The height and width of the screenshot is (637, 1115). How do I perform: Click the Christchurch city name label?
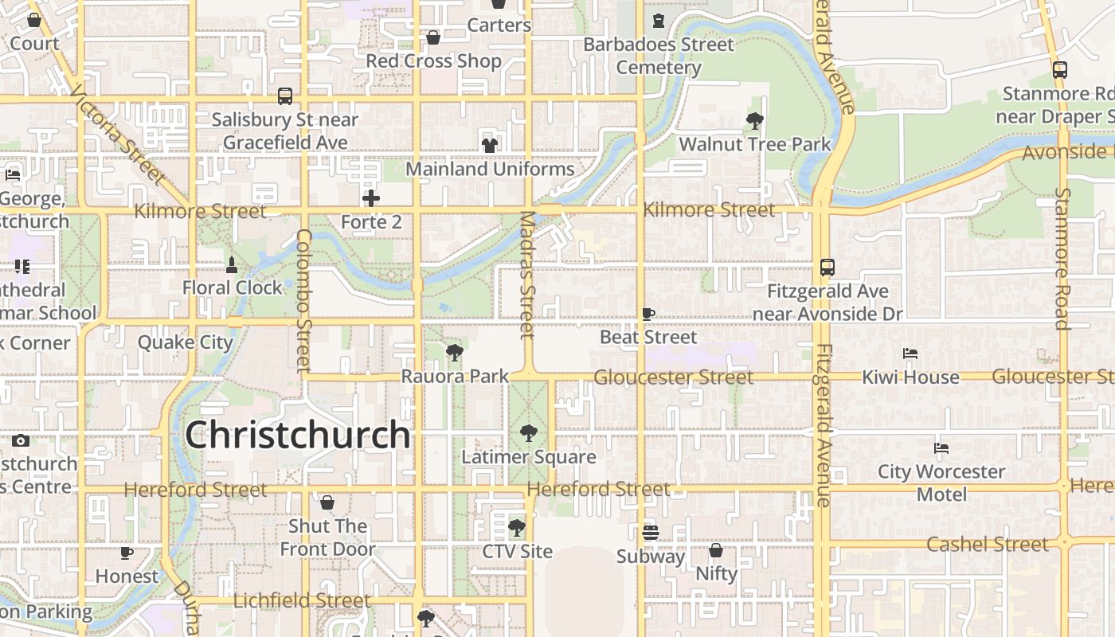tap(298, 435)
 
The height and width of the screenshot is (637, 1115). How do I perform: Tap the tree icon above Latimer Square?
tap(528, 433)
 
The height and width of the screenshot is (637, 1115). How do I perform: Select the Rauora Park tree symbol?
tap(455, 352)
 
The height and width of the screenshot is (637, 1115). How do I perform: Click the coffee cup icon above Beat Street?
tap(648, 314)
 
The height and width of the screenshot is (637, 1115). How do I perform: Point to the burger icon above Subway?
tap(651, 533)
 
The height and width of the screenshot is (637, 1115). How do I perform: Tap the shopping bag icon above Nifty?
tap(716, 550)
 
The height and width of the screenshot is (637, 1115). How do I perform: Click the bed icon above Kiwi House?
tap(910, 354)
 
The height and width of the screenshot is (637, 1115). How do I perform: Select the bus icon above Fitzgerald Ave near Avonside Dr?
tap(827, 268)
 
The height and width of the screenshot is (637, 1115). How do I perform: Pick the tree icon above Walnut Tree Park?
tap(755, 121)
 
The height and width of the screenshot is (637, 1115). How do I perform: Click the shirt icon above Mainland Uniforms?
tap(490, 146)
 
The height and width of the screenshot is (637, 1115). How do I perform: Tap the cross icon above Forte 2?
tap(371, 198)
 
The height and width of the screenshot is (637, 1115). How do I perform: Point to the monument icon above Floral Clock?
tap(232, 264)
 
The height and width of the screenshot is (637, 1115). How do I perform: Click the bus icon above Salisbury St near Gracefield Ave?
tap(285, 96)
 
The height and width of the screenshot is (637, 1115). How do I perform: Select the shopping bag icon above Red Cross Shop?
tap(433, 37)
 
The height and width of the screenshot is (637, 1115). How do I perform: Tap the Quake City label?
tap(186, 342)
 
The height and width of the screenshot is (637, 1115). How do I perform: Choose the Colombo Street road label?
tap(303, 300)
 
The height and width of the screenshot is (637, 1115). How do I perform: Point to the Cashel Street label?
tap(988, 545)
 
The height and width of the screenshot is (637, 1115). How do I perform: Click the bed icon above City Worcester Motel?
tap(942, 448)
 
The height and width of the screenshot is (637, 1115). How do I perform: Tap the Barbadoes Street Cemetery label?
tap(659, 56)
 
